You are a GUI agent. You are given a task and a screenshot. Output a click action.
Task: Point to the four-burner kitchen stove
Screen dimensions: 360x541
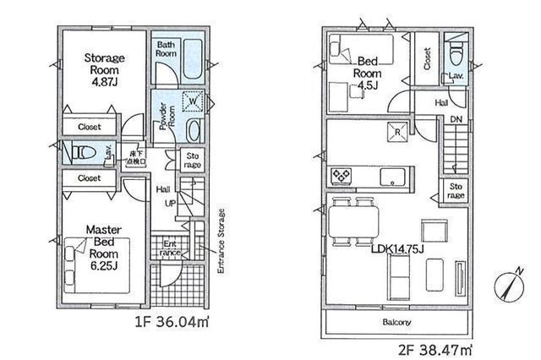pos(342,176)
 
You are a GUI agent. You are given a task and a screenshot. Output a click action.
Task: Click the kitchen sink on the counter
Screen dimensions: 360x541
pos(395,177)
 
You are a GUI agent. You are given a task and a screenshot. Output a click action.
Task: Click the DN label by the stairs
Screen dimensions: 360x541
pos(456,120)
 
